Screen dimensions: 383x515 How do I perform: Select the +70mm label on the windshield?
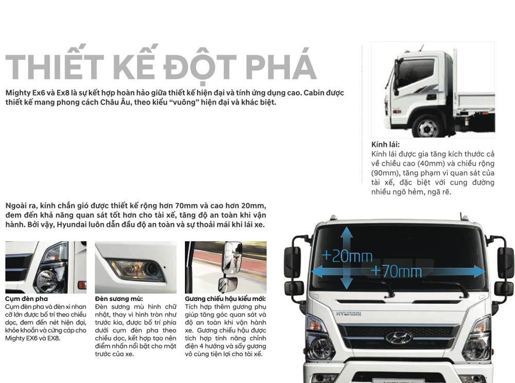pos(396,271)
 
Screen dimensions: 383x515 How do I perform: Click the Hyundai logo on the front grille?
pos(399,338)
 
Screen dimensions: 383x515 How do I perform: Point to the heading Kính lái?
pos(385,145)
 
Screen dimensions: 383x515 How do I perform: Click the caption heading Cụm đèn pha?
pos(26,298)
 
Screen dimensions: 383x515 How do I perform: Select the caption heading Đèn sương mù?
pos(119,298)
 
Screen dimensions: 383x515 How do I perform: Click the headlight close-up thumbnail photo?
pos(45,267)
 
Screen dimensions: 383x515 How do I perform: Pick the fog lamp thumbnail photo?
pos(135,267)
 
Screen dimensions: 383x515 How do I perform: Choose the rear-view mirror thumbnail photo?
pos(226,267)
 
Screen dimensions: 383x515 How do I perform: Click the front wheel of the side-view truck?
pos(428,127)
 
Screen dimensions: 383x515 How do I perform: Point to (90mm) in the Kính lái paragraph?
pos(384,173)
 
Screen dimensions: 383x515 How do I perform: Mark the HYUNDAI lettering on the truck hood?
pos(349,313)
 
